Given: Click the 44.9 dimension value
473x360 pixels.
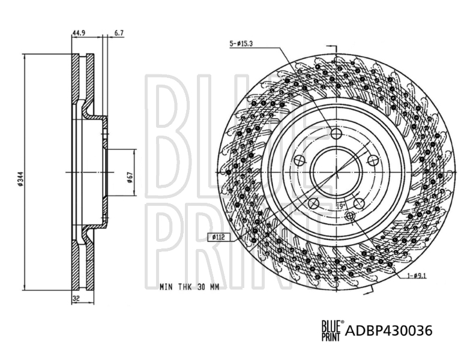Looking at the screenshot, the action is coord(79,32).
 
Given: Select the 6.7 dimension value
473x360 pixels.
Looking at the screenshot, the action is coord(119,32).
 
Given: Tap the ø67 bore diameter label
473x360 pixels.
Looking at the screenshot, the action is coord(130,177).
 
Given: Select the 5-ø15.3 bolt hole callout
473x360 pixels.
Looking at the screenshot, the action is coord(241,44).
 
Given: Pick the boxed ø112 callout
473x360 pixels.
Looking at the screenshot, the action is coord(218,237).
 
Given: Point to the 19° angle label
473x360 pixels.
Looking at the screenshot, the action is coord(340,207).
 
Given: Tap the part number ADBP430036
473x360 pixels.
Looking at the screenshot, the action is coord(388,331).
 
